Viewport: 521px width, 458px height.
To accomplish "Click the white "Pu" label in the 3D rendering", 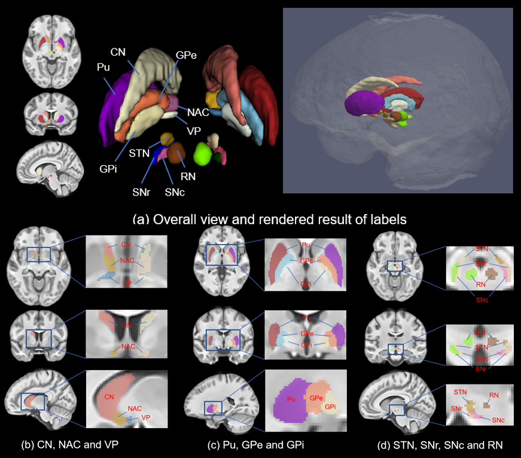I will click(x=103, y=68).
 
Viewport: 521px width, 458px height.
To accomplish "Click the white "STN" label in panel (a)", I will click(x=139, y=152).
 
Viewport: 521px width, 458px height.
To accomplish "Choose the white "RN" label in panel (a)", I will click(x=188, y=176).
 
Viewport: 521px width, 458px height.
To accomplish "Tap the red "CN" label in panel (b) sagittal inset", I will click(x=109, y=396).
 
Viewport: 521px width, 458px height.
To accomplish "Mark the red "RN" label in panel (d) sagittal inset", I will click(x=494, y=395).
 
